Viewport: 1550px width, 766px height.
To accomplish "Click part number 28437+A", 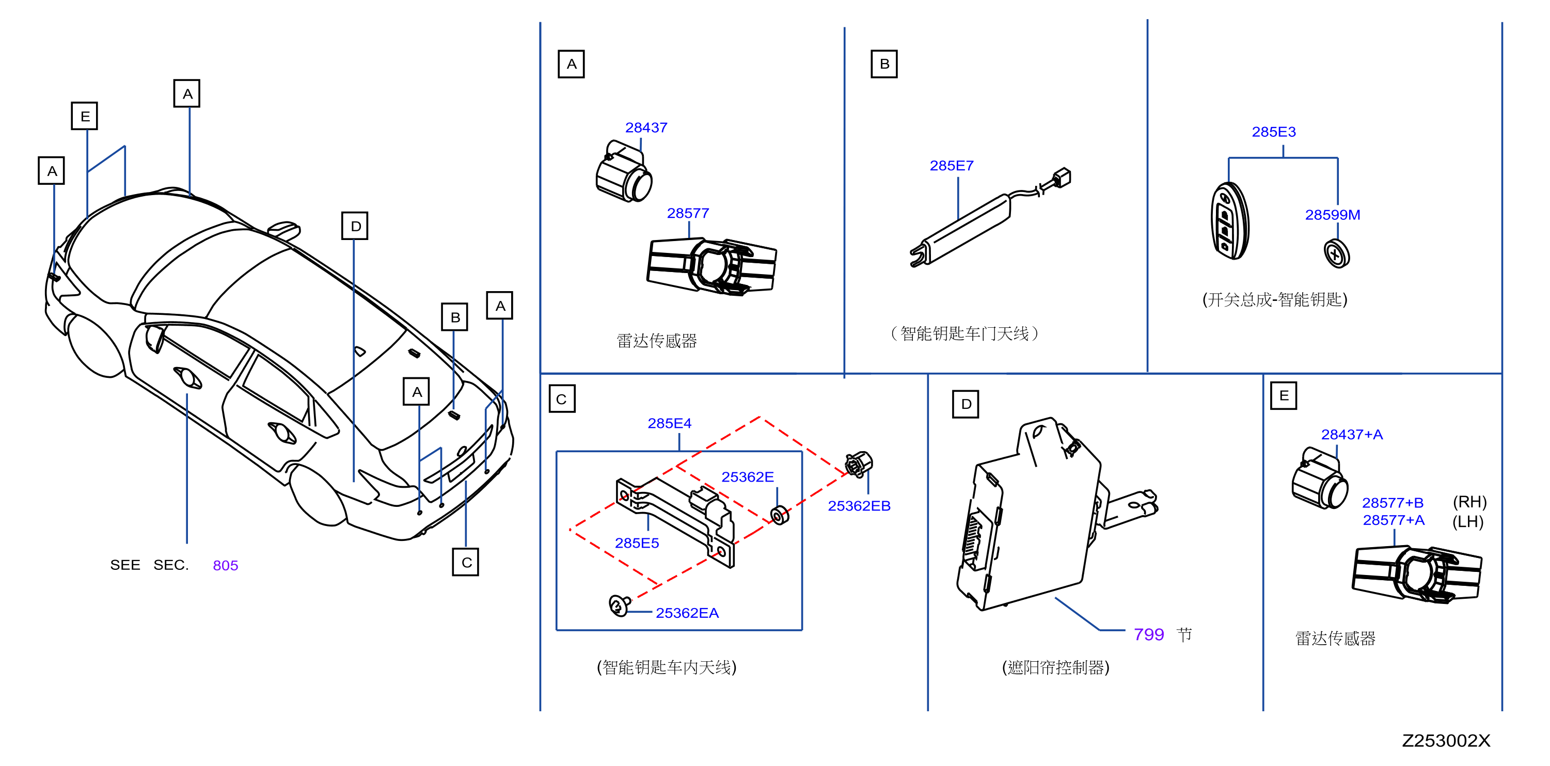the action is (x=1351, y=435).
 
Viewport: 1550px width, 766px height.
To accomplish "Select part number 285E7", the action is (x=951, y=166).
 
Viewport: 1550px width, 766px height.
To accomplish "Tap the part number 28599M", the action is (x=1332, y=215).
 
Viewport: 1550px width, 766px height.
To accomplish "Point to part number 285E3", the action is (x=1274, y=132).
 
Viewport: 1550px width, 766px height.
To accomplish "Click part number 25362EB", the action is (x=859, y=506).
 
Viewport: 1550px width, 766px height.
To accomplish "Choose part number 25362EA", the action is (x=687, y=613).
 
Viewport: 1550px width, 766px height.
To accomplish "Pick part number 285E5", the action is (x=637, y=544).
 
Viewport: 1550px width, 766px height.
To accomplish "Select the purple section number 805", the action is (x=226, y=566).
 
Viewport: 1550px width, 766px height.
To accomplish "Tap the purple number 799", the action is (x=1149, y=634).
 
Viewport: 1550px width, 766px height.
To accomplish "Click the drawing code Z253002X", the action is (x=1446, y=741).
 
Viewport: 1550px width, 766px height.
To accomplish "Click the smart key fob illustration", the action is (x=1230, y=221).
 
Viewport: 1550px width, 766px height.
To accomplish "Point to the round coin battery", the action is (x=1336, y=253).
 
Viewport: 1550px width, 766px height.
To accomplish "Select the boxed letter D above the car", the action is (x=355, y=226).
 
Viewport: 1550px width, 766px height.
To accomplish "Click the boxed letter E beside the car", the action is (x=85, y=116).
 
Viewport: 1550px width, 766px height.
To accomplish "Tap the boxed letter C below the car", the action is (x=466, y=562).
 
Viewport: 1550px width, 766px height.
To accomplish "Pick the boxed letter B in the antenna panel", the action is (x=884, y=64).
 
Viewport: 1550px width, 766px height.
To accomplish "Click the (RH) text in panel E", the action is (x=1469, y=502).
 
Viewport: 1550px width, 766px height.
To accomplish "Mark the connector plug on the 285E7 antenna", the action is (x=1062, y=178).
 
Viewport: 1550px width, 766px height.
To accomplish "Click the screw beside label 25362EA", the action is (x=619, y=605).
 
